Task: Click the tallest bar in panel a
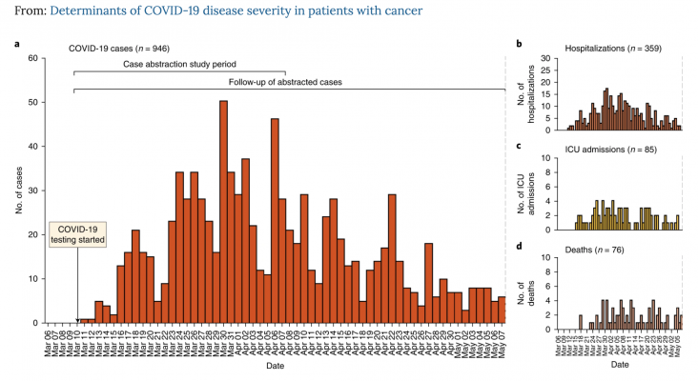pos(223,211)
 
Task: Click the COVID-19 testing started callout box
pos(77,235)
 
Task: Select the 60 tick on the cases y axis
pos(33,58)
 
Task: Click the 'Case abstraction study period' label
pos(179,65)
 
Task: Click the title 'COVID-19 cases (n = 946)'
pos(120,47)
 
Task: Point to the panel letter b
pos(519,45)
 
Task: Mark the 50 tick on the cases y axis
pos(33,102)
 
